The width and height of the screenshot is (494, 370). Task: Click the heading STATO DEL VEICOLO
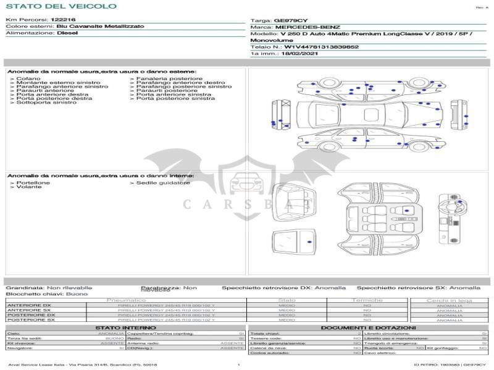tap(61, 7)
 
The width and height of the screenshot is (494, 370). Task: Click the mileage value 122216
tap(63, 20)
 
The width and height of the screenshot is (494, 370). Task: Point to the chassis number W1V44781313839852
tap(321, 47)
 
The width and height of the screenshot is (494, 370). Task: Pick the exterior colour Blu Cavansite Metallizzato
tap(100, 27)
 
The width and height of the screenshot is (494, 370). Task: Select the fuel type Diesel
tap(67, 33)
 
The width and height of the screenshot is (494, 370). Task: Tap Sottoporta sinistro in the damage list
tap(45, 102)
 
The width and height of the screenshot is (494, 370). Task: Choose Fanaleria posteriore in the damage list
tap(168, 79)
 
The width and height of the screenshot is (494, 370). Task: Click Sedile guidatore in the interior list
tap(162, 183)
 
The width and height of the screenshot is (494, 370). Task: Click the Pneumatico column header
tap(127, 300)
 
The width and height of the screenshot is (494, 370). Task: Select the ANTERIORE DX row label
tap(29, 305)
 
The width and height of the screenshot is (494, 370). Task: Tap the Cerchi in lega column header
tap(449, 300)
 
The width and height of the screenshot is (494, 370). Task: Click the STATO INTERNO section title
tap(122, 327)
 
